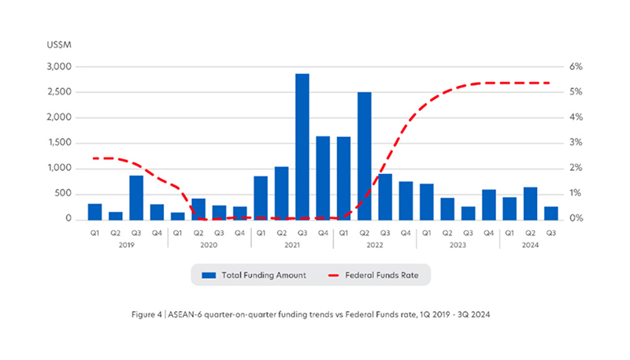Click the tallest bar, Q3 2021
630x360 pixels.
[x=302, y=147]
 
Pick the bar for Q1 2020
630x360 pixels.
[x=177, y=215]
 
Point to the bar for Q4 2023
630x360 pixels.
[x=488, y=204]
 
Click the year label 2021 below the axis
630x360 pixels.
[x=291, y=245]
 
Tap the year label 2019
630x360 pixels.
[x=126, y=245]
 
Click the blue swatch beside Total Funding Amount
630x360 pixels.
[x=209, y=275]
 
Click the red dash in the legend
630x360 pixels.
[x=337, y=275]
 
